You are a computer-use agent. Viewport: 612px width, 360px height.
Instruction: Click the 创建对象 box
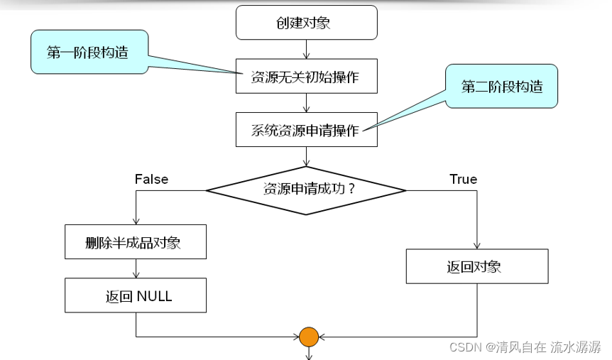point(306,23)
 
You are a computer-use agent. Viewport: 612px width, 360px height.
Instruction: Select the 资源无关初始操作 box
point(306,77)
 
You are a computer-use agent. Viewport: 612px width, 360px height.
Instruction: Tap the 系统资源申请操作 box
point(306,130)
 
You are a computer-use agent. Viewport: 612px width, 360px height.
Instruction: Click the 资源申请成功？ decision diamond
point(306,190)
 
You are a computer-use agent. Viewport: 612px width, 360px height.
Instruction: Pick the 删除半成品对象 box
point(136,243)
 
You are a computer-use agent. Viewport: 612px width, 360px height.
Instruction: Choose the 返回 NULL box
point(136,296)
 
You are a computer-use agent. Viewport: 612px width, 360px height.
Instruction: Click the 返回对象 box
point(476,268)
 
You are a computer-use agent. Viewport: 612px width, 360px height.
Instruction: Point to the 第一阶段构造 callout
point(88,52)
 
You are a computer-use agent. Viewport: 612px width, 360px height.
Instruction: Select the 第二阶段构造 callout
point(501,87)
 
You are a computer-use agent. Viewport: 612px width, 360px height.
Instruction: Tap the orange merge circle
point(308,337)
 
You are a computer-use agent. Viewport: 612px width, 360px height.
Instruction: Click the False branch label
point(151,179)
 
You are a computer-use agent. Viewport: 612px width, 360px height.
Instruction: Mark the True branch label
point(463,179)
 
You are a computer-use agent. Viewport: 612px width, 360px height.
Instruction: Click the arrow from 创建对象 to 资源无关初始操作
point(306,49)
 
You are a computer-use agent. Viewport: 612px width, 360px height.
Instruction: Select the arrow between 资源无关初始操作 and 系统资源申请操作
point(306,103)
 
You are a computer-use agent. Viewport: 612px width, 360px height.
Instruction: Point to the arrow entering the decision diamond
point(306,157)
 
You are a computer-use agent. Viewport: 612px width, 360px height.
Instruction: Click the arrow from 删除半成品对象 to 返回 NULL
point(136,268)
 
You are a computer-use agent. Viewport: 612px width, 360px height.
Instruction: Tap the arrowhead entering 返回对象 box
point(476,246)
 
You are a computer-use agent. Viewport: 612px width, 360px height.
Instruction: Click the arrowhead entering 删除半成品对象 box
point(136,222)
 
